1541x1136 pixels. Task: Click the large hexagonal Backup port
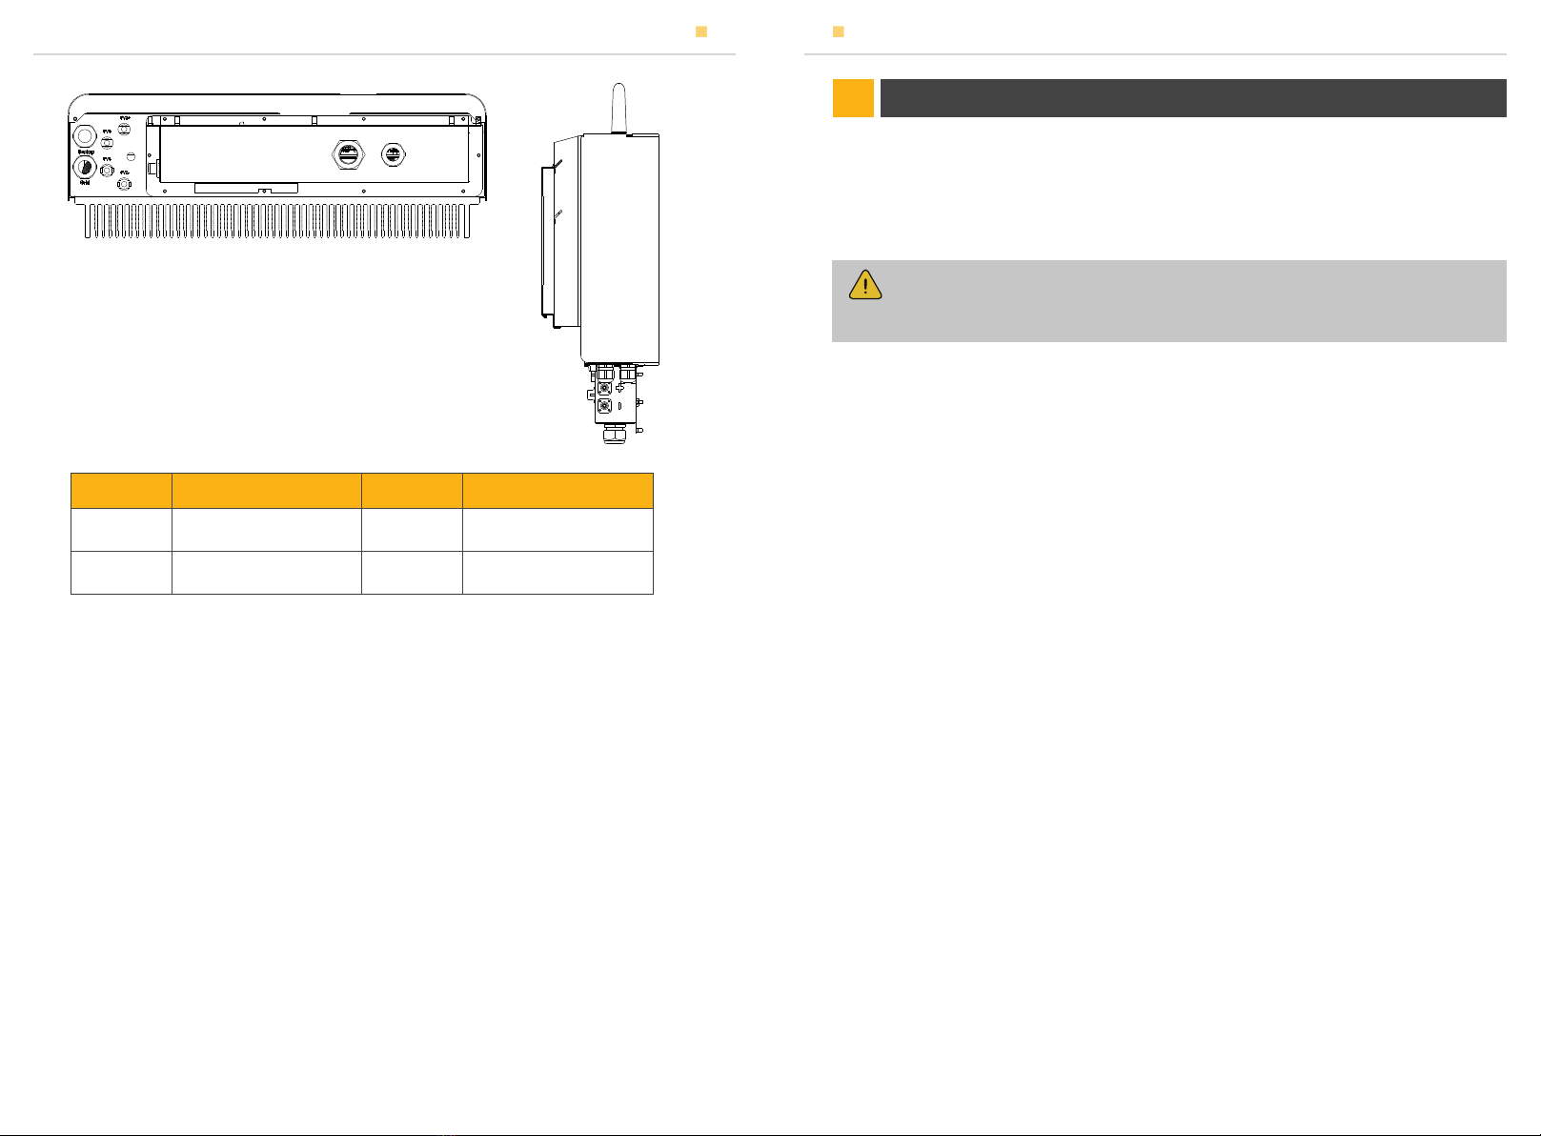tap(86, 134)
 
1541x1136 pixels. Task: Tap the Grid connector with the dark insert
tap(85, 167)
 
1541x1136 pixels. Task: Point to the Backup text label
tap(86, 152)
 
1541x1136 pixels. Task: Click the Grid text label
tap(85, 182)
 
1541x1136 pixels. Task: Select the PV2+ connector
tap(124, 130)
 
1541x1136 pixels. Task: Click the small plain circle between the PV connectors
tap(132, 155)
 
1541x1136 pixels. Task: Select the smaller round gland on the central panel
tap(392, 152)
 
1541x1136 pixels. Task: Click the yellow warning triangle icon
tap(865, 285)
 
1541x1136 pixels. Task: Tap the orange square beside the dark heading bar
tap(853, 98)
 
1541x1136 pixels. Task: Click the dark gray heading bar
tap(1192, 98)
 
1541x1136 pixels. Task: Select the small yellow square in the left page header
tap(701, 31)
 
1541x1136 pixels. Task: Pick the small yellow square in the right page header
tap(839, 31)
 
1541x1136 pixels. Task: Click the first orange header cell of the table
tap(121, 491)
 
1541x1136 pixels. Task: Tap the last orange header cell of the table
tap(558, 491)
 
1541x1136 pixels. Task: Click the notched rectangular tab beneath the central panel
tap(246, 189)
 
